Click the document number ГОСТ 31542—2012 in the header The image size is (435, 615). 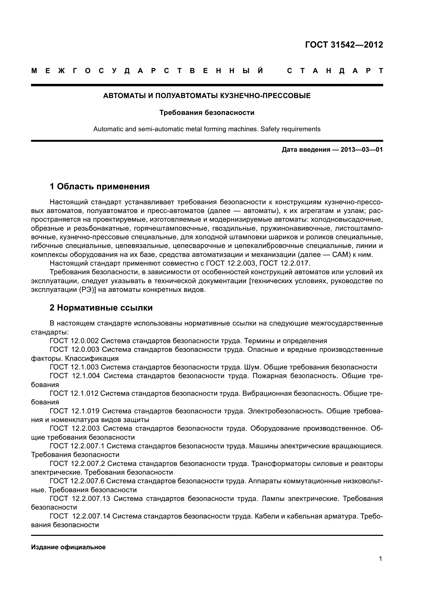coord(344,45)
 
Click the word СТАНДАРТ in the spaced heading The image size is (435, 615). coord(335,71)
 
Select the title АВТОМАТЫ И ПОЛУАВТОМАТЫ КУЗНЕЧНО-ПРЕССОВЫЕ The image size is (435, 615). coord(207,96)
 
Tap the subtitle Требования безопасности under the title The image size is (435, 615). coord(207,113)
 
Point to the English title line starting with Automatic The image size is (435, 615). coord(207,129)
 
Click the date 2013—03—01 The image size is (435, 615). coord(362,150)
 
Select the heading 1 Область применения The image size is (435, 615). coord(100,186)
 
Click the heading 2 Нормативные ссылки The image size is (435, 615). coord(101,308)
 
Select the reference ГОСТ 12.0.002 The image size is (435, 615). coord(74,341)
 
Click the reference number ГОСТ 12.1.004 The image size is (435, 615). coord(75,376)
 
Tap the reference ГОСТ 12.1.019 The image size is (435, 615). coord(75,411)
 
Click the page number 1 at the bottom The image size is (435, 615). coord(380,559)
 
